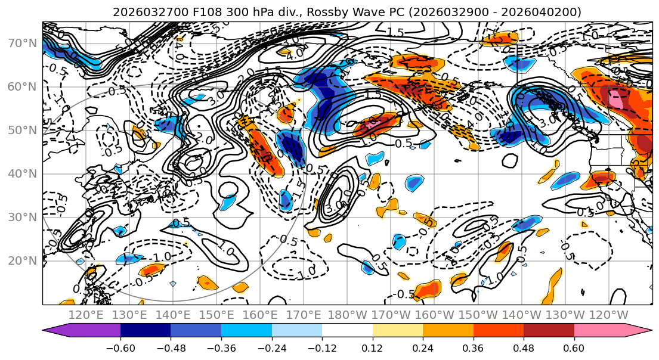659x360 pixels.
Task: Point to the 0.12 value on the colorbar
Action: (x=372, y=347)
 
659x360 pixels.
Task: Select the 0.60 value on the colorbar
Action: (x=574, y=347)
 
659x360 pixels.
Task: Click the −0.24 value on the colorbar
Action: (x=271, y=347)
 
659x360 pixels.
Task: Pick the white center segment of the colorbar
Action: (x=347, y=330)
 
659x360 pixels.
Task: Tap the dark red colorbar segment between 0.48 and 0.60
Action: (x=549, y=330)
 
